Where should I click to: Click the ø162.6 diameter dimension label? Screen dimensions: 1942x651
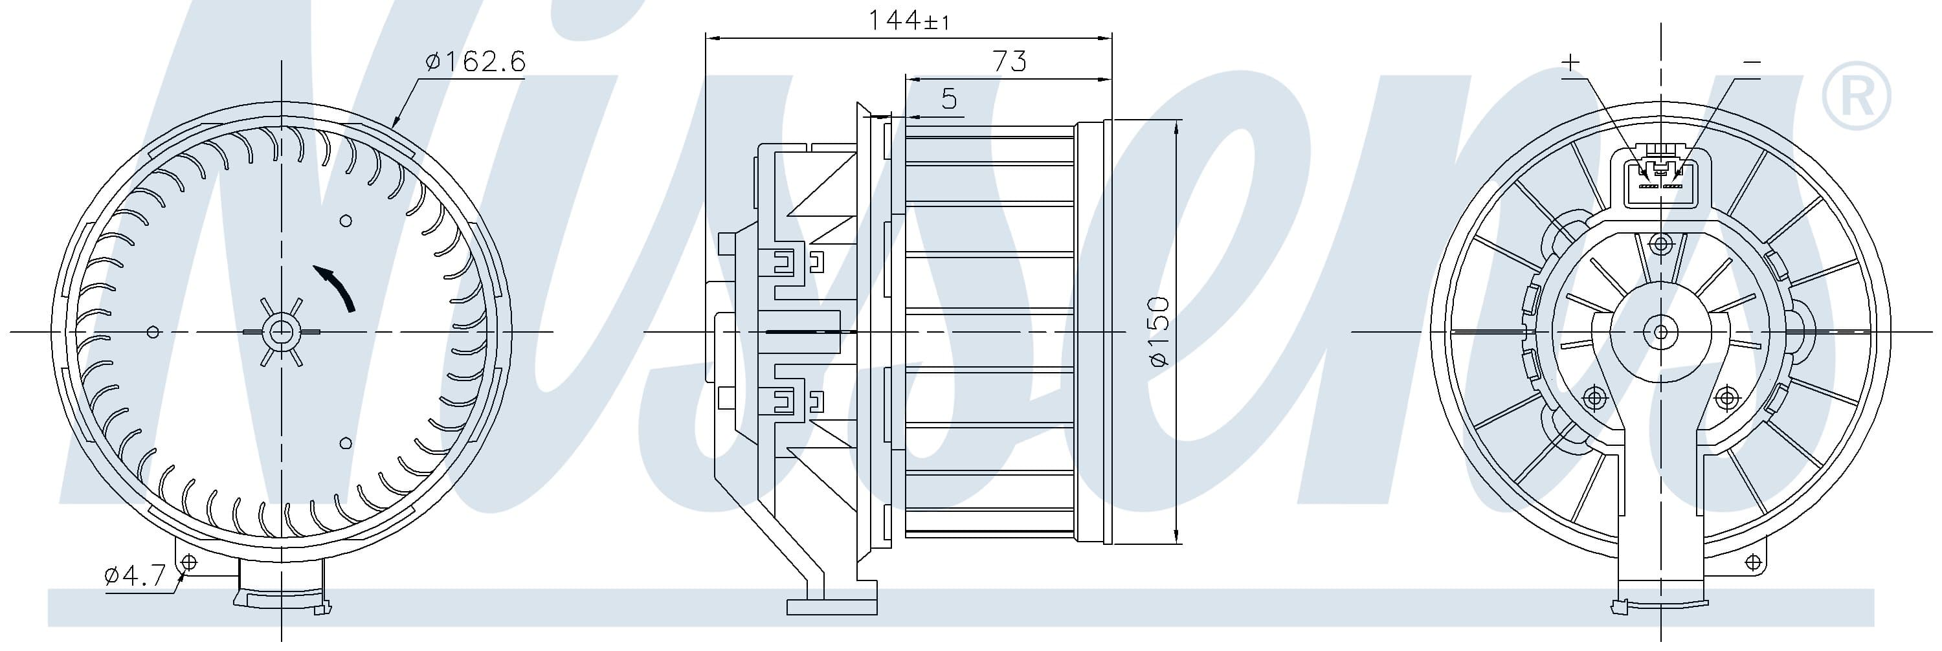pyautogui.click(x=475, y=61)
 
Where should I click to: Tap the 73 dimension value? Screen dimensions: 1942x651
pyautogui.click(x=1009, y=61)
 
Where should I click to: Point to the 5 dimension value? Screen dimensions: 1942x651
pyautogui.click(x=949, y=99)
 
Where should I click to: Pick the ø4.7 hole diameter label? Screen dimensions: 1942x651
pyautogui.click(x=135, y=577)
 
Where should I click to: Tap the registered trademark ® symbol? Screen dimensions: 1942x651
pyautogui.click(x=1855, y=96)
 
